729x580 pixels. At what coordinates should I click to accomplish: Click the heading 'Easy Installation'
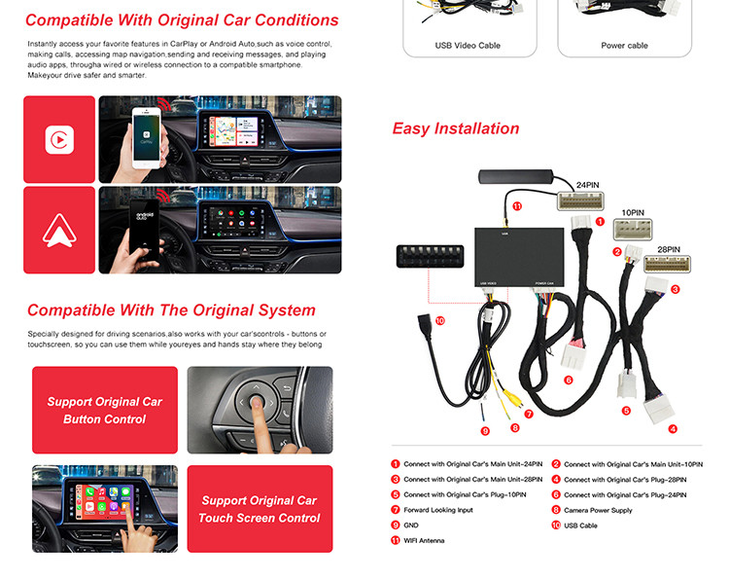[x=456, y=128]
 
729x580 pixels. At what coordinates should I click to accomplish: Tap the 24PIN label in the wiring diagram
[x=588, y=185]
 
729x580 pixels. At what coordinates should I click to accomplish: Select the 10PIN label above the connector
[x=633, y=213]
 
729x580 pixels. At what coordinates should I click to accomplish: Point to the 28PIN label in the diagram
[x=669, y=249]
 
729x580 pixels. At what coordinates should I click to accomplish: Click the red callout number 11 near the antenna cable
[x=517, y=206]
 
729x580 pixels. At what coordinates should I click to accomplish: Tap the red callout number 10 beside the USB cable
[x=439, y=320]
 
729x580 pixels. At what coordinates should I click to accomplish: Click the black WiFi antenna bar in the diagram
[x=515, y=177]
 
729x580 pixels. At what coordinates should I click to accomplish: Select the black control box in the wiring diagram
[x=519, y=257]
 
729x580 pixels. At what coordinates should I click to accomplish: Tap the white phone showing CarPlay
[x=146, y=138]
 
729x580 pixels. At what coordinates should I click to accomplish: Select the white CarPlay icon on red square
[x=59, y=139]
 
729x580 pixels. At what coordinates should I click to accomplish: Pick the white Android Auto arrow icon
[x=59, y=231]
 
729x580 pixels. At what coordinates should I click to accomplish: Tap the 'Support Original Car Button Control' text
[x=105, y=410]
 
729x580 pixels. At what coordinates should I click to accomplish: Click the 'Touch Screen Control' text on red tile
[x=260, y=518]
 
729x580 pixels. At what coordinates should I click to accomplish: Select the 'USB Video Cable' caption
[x=468, y=46]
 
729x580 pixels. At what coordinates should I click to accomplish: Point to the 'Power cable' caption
[x=624, y=46]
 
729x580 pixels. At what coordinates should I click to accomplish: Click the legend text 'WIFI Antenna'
[x=424, y=540]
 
